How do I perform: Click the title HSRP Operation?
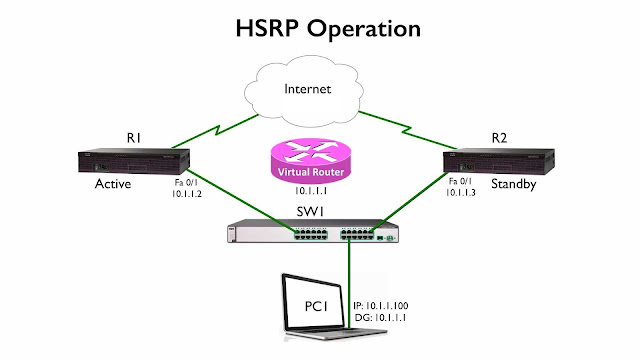tap(319, 26)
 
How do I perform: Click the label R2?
tap(500, 136)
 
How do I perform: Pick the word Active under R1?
tap(113, 186)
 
